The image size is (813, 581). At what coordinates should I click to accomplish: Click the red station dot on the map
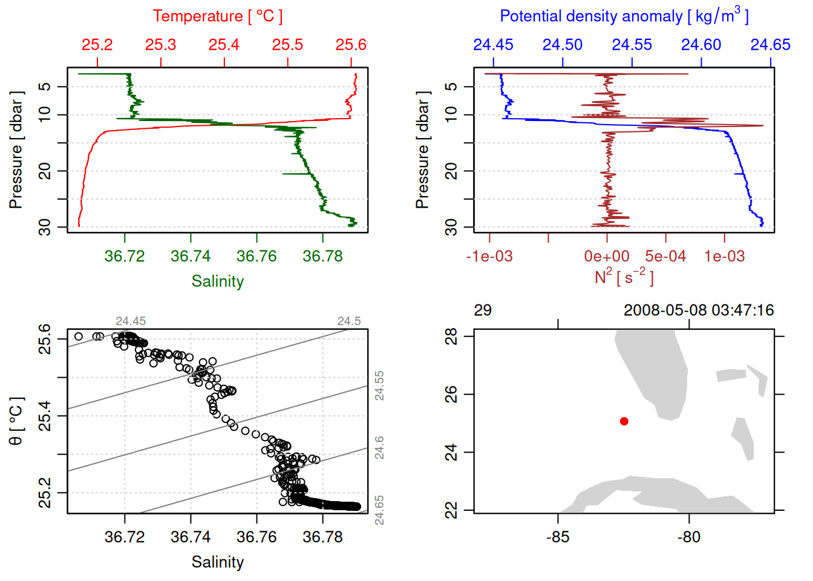(x=624, y=421)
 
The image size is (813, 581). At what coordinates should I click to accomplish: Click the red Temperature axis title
(x=217, y=16)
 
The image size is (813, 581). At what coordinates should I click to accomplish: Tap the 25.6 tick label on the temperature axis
(x=351, y=45)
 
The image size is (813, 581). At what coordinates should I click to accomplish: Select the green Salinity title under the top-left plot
(x=217, y=281)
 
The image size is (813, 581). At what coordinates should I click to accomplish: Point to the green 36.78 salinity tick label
(x=322, y=256)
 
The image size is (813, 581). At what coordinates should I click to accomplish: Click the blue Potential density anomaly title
(x=624, y=16)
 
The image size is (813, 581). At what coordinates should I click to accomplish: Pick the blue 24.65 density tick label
(x=770, y=45)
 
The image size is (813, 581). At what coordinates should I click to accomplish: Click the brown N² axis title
(x=624, y=277)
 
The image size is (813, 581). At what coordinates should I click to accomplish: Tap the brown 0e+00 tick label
(x=607, y=257)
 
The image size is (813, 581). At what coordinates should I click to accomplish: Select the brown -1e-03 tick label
(x=489, y=257)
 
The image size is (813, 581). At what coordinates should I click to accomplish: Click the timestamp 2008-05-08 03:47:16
(x=699, y=310)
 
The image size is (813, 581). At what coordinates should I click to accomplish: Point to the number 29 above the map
(x=483, y=310)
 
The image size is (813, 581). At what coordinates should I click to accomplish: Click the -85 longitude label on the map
(x=557, y=537)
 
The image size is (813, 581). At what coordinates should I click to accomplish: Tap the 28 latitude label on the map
(x=451, y=336)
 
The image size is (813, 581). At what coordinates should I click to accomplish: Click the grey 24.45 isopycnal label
(x=131, y=321)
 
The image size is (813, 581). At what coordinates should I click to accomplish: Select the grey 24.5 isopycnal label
(x=349, y=321)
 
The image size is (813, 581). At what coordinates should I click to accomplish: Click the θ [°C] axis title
(x=16, y=421)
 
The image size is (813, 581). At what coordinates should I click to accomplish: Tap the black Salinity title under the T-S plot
(x=217, y=562)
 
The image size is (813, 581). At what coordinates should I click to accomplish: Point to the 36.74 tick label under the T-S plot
(x=191, y=537)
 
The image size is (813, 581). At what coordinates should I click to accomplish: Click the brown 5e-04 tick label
(x=665, y=257)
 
